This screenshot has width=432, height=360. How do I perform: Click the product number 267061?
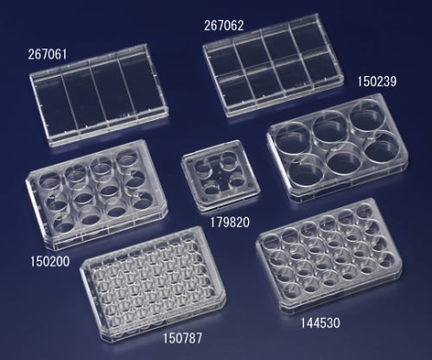click(x=48, y=54)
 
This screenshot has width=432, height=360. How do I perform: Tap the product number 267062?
click(x=224, y=26)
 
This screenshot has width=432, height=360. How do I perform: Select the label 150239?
click(x=377, y=81)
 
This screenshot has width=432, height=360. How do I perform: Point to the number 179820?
click(x=230, y=222)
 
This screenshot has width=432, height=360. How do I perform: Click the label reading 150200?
click(x=50, y=262)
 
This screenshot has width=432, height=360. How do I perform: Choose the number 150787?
click(x=182, y=338)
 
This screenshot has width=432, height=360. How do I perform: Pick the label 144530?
click(x=321, y=323)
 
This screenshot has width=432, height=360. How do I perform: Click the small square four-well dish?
click(x=220, y=175)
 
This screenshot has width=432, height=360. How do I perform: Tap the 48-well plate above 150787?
click(x=153, y=283)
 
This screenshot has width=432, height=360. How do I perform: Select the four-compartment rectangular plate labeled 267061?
click(x=98, y=95)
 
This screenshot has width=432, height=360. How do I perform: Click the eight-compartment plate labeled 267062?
click(x=273, y=65)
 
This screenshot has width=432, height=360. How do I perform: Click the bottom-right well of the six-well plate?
click(x=383, y=146)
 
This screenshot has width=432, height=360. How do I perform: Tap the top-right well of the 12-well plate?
click(x=128, y=157)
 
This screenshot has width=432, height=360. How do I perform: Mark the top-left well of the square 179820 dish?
click(x=201, y=167)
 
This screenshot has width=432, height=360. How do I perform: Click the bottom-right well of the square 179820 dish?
click(x=238, y=180)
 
